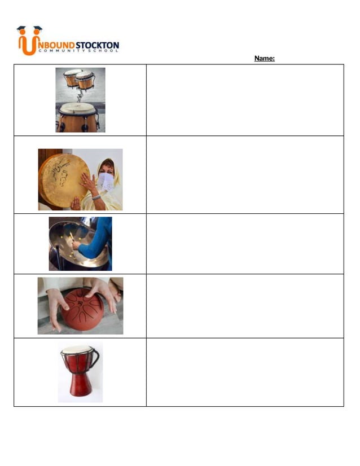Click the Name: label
click(x=264, y=58)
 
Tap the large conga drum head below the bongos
click(x=77, y=108)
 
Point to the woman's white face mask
click(x=106, y=182)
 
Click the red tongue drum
click(x=83, y=309)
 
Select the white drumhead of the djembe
click(x=77, y=350)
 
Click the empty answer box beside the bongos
click(x=244, y=100)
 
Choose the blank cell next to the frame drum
click(x=244, y=174)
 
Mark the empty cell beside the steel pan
click(x=244, y=244)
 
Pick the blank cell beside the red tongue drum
click(x=244, y=306)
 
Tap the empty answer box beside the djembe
click(x=244, y=372)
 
